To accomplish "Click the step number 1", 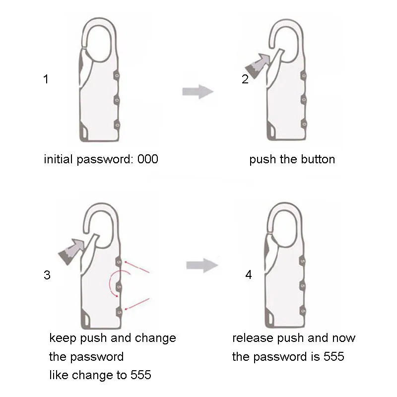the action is click(x=46, y=79).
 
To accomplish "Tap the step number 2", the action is click(x=245, y=79).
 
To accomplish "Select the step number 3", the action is click(x=47, y=275).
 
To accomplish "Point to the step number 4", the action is click(x=249, y=274).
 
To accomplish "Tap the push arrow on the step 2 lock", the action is click(x=260, y=63).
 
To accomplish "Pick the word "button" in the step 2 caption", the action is click(x=317, y=159).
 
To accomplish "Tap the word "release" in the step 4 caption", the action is click(x=251, y=338).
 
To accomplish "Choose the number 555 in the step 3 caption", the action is click(x=140, y=375).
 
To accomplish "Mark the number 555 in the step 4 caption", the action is click(x=333, y=357).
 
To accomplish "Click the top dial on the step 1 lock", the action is click(x=117, y=75).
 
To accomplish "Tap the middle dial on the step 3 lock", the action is click(x=119, y=286).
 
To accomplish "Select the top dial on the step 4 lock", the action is click(x=302, y=261).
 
